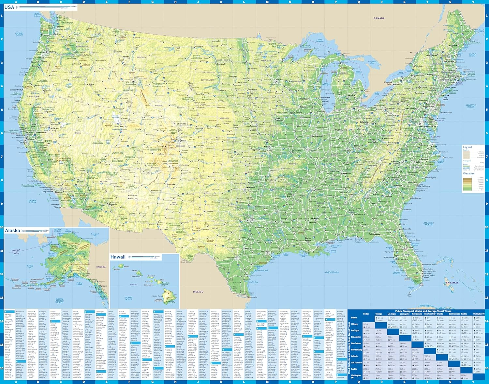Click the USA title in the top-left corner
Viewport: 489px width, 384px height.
point(9,7)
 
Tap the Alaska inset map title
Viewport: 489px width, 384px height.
point(12,231)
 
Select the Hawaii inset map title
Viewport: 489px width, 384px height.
point(118,257)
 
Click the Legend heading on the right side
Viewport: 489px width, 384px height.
point(467,147)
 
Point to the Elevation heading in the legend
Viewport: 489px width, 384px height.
point(469,173)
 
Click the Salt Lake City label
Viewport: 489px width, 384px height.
point(121,126)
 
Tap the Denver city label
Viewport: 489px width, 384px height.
point(183,140)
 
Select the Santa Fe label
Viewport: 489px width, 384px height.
point(171,184)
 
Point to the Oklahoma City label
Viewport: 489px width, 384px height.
point(250,188)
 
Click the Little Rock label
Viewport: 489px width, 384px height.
point(289,195)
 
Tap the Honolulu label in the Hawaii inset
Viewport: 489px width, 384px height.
point(136,277)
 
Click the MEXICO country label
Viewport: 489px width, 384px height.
point(198,292)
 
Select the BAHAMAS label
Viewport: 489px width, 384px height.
point(452,283)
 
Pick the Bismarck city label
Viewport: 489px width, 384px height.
point(221,64)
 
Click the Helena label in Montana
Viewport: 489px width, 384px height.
point(126,56)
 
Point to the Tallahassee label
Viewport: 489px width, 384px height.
point(375,234)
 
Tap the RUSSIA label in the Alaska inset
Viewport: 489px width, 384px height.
point(16,250)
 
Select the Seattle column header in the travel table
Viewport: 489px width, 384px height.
point(464,314)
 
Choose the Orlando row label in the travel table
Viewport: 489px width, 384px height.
point(355,356)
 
